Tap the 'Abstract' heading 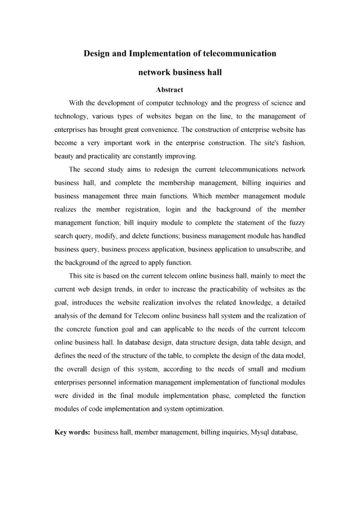169,90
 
